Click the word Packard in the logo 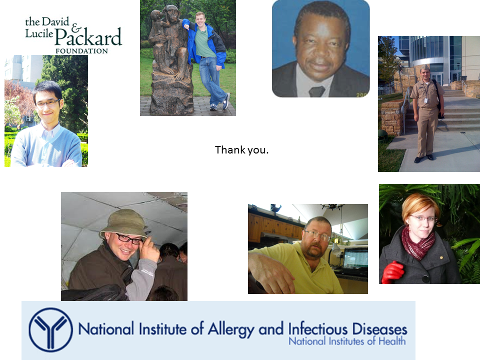pos(88,37)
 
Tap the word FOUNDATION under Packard pos(81,51)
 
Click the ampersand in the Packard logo pos(76,28)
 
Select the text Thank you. pos(241,150)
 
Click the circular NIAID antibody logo pos(51,329)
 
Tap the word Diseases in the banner pos(379,329)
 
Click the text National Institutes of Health pos(347,341)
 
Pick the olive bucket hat pos(124,224)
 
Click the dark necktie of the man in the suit pos(316,91)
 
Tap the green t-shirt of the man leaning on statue pos(205,42)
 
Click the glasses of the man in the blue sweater pos(48,103)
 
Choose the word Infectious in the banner pos(318,329)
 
